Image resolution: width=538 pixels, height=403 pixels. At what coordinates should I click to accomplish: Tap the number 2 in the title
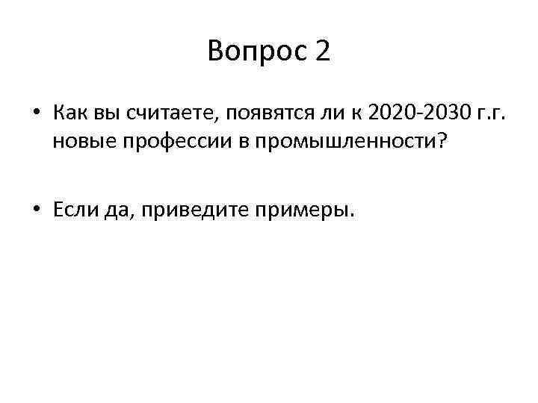coord(322,51)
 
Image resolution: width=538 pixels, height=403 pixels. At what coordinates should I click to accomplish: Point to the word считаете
coord(166,113)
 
